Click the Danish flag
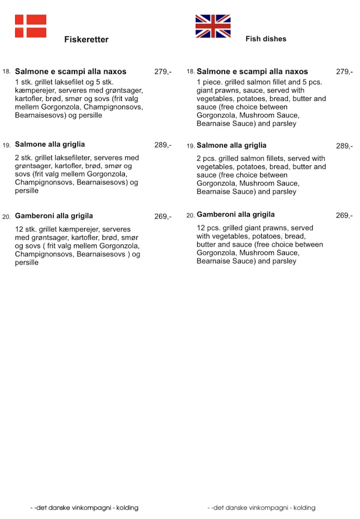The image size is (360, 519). tap(30, 26)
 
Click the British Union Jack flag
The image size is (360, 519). tap(213, 26)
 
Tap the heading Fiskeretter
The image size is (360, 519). tap(86, 40)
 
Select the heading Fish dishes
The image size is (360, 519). tap(266, 39)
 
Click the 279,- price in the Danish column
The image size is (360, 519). tap(163, 71)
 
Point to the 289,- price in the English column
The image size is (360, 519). tap(344, 146)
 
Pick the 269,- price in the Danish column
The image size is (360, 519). tap(163, 216)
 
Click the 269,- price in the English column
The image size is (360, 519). tap(344, 215)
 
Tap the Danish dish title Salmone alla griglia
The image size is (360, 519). tap(50, 144)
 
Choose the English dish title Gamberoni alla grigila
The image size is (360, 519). tap(236, 214)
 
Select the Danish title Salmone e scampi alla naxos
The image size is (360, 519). tap(70, 71)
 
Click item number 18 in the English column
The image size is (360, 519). tap(191, 72)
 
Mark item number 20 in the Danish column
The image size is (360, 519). tap(7, 217)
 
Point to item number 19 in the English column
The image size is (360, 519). tap(191, 146)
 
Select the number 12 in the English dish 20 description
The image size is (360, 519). tap(201, 228)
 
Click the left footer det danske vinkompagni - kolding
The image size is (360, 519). tap(84, 507)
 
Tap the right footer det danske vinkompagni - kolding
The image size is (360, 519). tap(261, 507)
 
